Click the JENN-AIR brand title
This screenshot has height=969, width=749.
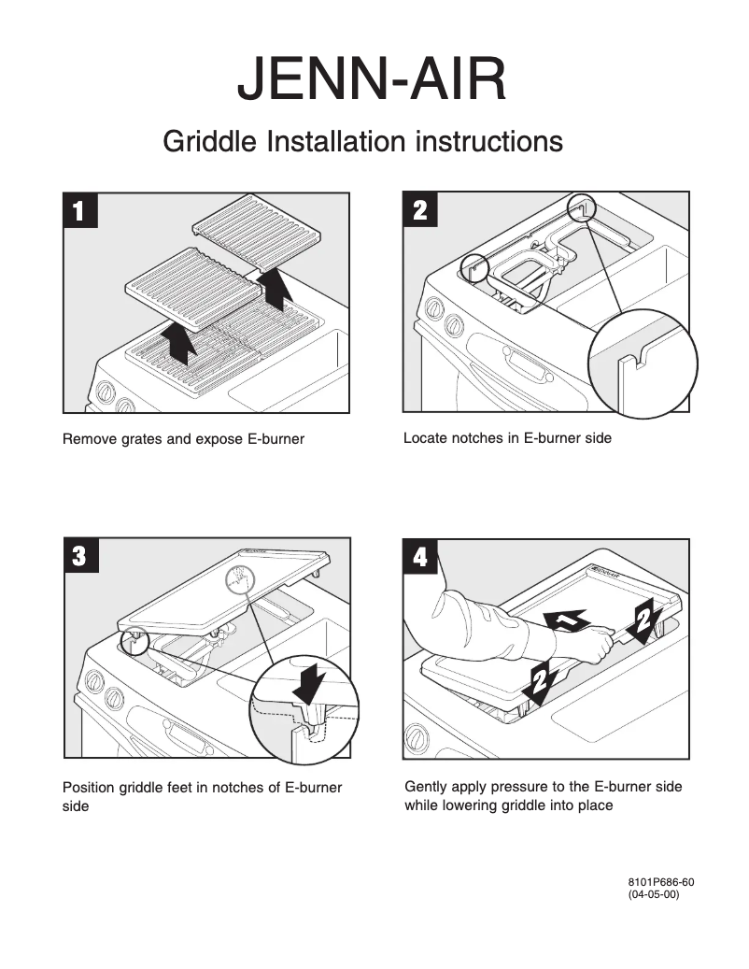tap(372, 79)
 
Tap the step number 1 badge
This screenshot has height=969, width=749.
tap(79, 211)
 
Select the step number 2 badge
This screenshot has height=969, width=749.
tap(420, 211)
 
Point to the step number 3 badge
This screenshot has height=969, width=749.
tap(79, 557)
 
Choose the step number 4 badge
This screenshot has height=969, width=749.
tap(420, 558)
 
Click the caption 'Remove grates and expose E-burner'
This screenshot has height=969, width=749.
tap(183, 439)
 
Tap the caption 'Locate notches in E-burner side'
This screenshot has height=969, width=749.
tap(507, 437)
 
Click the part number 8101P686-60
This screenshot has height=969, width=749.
tap(661, 882)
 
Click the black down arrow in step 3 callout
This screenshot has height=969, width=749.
tap(306, 683)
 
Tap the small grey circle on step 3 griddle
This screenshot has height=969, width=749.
tap(240, 580)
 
